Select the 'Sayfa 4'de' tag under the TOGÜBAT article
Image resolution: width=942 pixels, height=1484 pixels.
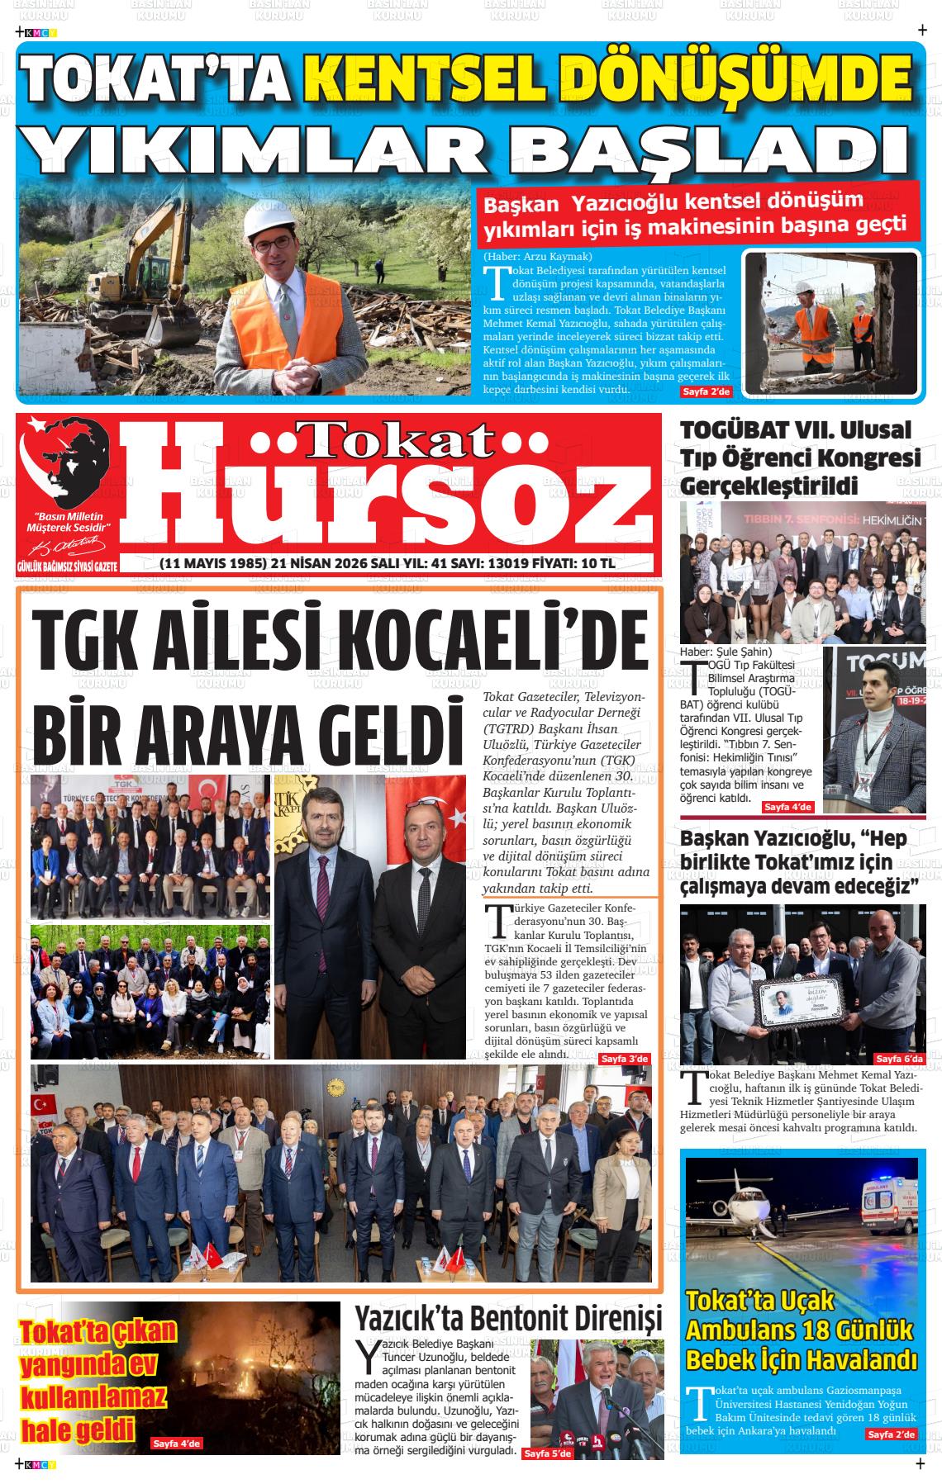pos(787,807)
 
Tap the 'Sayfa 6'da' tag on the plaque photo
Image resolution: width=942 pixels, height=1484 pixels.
pos(899,1059)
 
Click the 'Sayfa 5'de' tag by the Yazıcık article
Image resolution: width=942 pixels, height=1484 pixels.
pos(547,1453)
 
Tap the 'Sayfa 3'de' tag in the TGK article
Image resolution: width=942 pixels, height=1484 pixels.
pos(625,1059)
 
